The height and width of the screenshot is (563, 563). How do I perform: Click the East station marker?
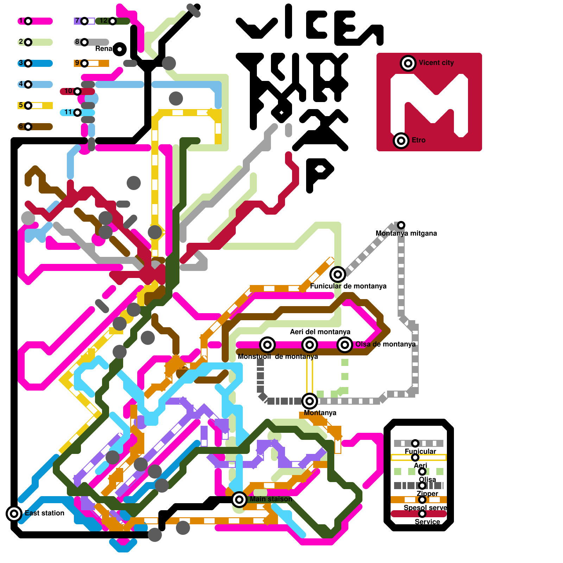14,514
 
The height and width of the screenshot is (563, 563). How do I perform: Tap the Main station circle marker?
239,499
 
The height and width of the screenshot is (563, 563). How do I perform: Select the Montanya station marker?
310,401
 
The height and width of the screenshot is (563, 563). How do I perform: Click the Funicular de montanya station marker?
337,274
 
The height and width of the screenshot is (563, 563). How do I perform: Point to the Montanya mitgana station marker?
401,225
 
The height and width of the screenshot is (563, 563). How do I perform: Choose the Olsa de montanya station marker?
345,345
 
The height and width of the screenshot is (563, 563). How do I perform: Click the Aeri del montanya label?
320,332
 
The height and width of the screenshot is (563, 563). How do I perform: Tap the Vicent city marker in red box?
408,63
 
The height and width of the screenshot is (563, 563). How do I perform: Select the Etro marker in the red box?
401,141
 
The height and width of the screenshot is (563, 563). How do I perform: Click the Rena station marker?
120,49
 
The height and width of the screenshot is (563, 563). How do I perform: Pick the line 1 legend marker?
28,21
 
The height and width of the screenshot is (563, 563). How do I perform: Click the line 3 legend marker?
28,63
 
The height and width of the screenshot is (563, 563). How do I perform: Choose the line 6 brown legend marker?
28,127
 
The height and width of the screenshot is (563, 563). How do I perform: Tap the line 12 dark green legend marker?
113,21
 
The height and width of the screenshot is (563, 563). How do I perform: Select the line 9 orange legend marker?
84,63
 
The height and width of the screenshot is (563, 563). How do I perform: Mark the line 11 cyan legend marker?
77,113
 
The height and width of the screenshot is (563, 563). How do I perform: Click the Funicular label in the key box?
420,451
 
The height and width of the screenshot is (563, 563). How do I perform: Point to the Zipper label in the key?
427,494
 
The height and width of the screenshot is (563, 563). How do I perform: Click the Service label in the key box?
427,522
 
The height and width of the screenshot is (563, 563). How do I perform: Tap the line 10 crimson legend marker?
77,91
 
